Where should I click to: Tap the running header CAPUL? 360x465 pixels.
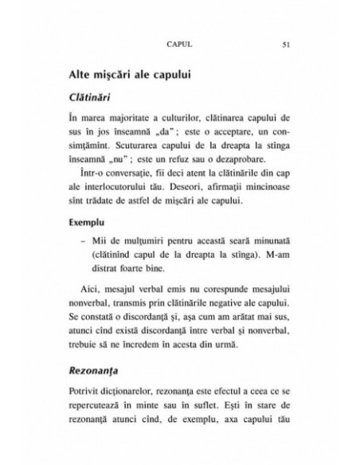tap(172, 45)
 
